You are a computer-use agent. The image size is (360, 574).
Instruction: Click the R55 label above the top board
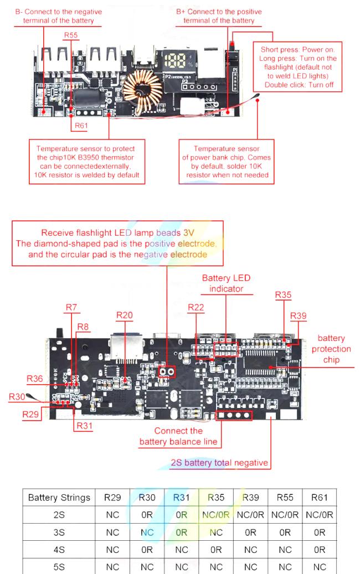point(71,35)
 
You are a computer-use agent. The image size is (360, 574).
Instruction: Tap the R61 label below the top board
point(81,126)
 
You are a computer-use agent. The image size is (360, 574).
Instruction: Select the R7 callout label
point(71,308)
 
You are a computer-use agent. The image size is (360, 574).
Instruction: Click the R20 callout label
point(125,315)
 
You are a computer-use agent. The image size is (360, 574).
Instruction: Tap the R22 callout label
point(196,308)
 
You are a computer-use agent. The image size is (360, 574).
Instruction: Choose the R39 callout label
point(298,316)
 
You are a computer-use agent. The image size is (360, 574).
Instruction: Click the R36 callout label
point(35,379)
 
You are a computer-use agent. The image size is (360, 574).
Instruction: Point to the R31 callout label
point(84,426)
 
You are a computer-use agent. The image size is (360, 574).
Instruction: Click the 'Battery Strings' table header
point(59,498)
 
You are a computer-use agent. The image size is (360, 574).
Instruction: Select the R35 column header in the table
point(216,498)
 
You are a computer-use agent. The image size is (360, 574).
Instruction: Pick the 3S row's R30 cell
point(147,532)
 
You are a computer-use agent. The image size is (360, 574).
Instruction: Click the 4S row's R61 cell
point(320,550)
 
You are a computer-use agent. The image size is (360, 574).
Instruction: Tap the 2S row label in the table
point(59,515)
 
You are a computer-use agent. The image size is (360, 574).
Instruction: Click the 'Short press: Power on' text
point(297,49)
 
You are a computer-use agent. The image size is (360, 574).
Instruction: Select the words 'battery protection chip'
point(331,349)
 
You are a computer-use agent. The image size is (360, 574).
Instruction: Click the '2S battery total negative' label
point(219,463)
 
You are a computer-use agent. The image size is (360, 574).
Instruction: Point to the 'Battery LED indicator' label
point(227,283)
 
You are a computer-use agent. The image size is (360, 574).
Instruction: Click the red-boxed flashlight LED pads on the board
point(167,372)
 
